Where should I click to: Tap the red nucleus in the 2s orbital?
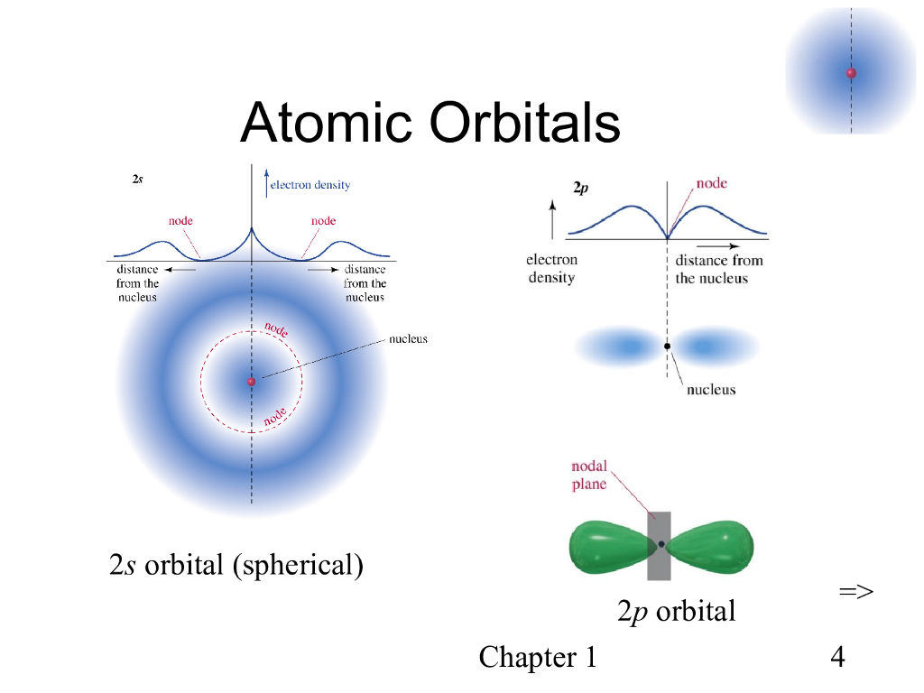click(x=252, y=382)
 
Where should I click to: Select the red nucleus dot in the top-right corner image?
click(x=851, y=73)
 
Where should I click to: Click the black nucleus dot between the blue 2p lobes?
click(x=667, y=346)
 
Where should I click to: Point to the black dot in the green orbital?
click(x=661, y=544)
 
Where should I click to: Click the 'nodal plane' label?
click(x=589, y=476)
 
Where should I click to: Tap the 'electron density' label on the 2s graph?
click(x=311, y=185)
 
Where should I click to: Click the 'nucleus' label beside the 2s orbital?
click(x=408, y=339)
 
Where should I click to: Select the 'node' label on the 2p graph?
click(x=711, y=183)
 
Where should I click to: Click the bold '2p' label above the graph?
click(x=582, y=189)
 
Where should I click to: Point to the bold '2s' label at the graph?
click(x=137, y=180)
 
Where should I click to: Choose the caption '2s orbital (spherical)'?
click(x=236, y=566)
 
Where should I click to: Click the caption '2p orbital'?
click(x=676, y=612)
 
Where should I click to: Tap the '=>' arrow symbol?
click(x=855, y=592)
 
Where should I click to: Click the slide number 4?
click(x=837, y=657)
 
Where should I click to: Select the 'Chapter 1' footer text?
click(x=538, y=657)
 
